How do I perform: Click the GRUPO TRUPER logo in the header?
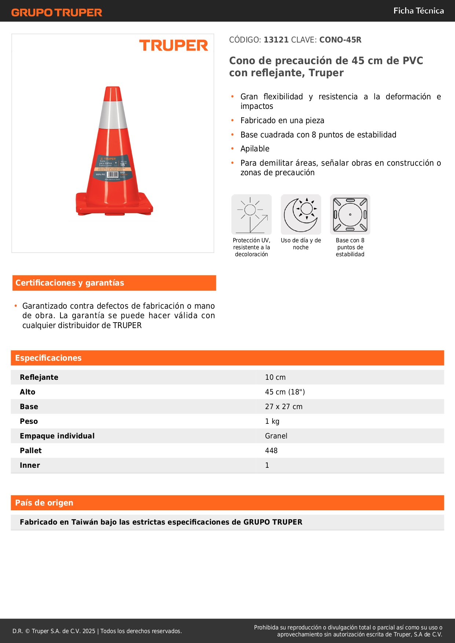tap(56, 12)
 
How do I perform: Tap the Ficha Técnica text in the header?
tap(418, 11)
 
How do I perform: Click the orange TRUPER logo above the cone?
tap(173, 45)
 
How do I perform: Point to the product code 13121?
tap(276, 40)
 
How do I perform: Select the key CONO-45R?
tap(340, 40)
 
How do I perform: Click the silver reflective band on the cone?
tap(113, 114)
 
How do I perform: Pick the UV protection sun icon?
tap(252, 214)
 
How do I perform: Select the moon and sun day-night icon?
tap(301, 214)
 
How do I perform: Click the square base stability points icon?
tap(350, 214)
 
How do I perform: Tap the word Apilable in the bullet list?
tap(255, 148)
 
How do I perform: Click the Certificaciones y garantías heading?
tap(70, 283)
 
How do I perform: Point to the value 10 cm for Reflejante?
tap(275, 377)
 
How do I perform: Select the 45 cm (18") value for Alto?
tap(285, 392)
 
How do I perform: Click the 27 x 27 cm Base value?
tap(284, 407)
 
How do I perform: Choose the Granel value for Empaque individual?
tap(276, 436)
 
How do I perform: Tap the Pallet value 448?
tap(271, 451)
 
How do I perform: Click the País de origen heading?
tap(44, 503)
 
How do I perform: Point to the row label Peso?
tap(29, 421)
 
